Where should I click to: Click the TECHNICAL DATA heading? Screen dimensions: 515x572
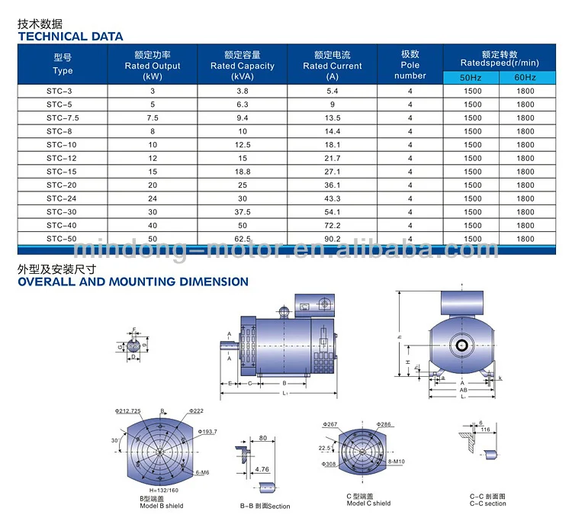tap(70, 36)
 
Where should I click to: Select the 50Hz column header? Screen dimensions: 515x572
tap(471, 77)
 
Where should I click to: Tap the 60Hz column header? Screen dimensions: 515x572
tap(525, 77)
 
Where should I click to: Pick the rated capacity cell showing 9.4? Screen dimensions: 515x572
tap(242, 117)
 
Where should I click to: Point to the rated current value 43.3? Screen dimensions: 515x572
tap(332, 198)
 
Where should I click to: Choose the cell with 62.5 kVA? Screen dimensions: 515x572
tap(242, 239)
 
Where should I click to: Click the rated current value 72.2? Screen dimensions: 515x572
tap(332, 225)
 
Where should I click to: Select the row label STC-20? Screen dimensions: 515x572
tap(61, 185)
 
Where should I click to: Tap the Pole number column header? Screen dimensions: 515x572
tap(410, 65)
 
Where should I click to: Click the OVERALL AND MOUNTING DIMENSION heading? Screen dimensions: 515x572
tap(133, 282)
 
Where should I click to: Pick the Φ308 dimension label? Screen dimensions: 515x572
tap(329, 464)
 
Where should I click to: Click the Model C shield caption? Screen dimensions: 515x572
tap(368, 503)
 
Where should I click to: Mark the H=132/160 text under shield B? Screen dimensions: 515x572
tap(159, 491)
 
